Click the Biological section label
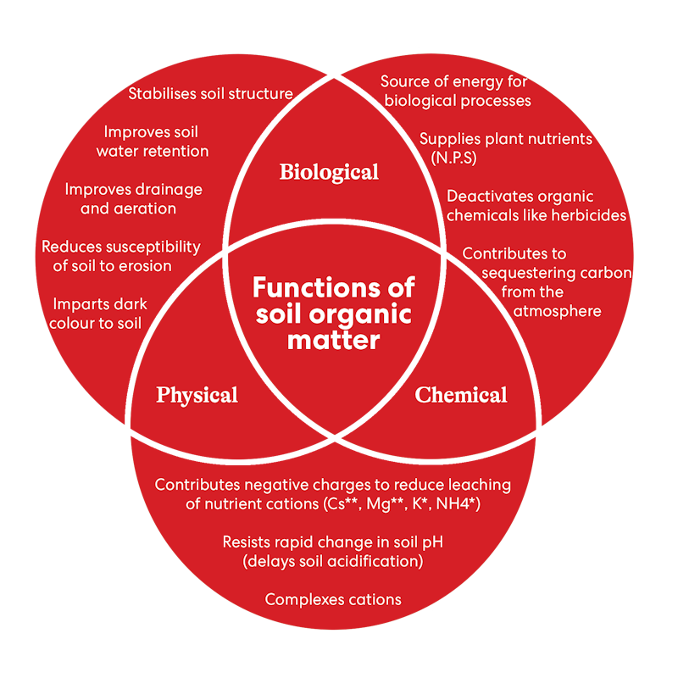(x=329, y=173)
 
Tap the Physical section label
(x=197, y=395)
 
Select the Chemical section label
(x=461, y=395)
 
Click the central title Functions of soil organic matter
(x=333, y=314)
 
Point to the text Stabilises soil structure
(x=210, y=94)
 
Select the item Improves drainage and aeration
(x=133, y=198)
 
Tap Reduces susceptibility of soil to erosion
(x=121, y=256)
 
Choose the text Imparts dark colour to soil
(x=100, y=313)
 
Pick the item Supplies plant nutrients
(x=506, y=139)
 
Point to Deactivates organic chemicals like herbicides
(x=536, y=206)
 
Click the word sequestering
(x=530, y=273)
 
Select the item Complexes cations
(x=333, y=599)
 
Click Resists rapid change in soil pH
(x=333, y=542)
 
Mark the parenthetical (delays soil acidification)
(x=333, y=560)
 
